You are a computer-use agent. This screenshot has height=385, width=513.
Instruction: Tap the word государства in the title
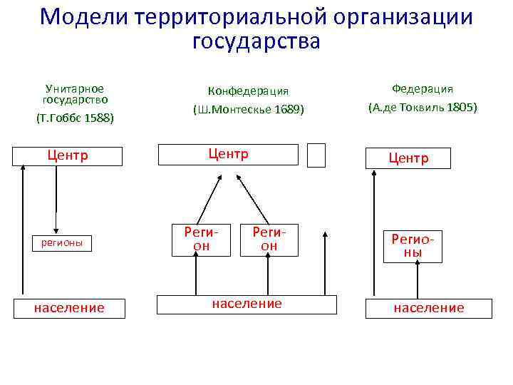click(256, 41)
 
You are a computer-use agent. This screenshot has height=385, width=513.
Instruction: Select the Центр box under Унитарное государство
click(67, 155)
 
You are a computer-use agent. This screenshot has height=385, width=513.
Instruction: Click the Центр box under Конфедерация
click(227, 154)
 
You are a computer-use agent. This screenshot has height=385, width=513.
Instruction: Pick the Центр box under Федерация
click(408, 158)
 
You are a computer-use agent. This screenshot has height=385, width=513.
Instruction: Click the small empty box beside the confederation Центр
click(316, 155)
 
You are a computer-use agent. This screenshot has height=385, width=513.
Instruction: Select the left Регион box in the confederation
click(200, 239)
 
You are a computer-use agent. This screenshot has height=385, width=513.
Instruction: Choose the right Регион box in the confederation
click(269, 239)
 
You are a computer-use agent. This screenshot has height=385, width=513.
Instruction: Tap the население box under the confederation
click(247, 304)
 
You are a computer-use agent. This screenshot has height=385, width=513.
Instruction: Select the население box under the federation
click(428, 307)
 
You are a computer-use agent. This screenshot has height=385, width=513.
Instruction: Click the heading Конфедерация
click(248, 91)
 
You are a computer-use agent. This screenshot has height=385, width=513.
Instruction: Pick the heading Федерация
click(423, 89)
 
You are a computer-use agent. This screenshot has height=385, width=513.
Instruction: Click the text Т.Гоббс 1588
click(74, 118)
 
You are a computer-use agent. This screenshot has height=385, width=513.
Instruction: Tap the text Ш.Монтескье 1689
click(248, 110)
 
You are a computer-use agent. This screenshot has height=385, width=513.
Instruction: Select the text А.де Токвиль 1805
click(423, 108)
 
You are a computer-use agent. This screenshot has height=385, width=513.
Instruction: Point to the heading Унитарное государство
click(74, 95)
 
